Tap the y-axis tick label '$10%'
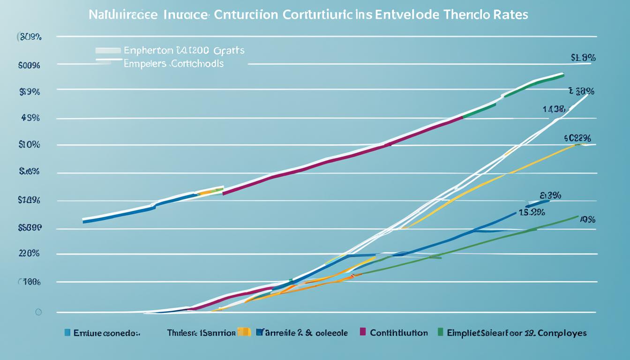pos(29,145)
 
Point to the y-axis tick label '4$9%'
pos(30,118)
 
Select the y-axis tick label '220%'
pos(29,254)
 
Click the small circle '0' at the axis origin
pos(38,312)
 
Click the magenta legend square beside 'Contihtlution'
pos(362,332)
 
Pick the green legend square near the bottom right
pos(440,332)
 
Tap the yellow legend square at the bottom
pos(243,332)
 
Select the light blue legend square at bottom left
pos(67,333)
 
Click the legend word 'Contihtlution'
pos(398,333)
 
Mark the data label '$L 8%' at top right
pos(583,58)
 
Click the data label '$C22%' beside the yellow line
pos(577,138)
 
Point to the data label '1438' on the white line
pos(554,110)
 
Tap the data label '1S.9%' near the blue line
pos(532,212)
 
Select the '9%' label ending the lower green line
pos(588,219)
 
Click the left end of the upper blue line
pos(84,220)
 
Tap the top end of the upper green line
pos(562,74)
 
